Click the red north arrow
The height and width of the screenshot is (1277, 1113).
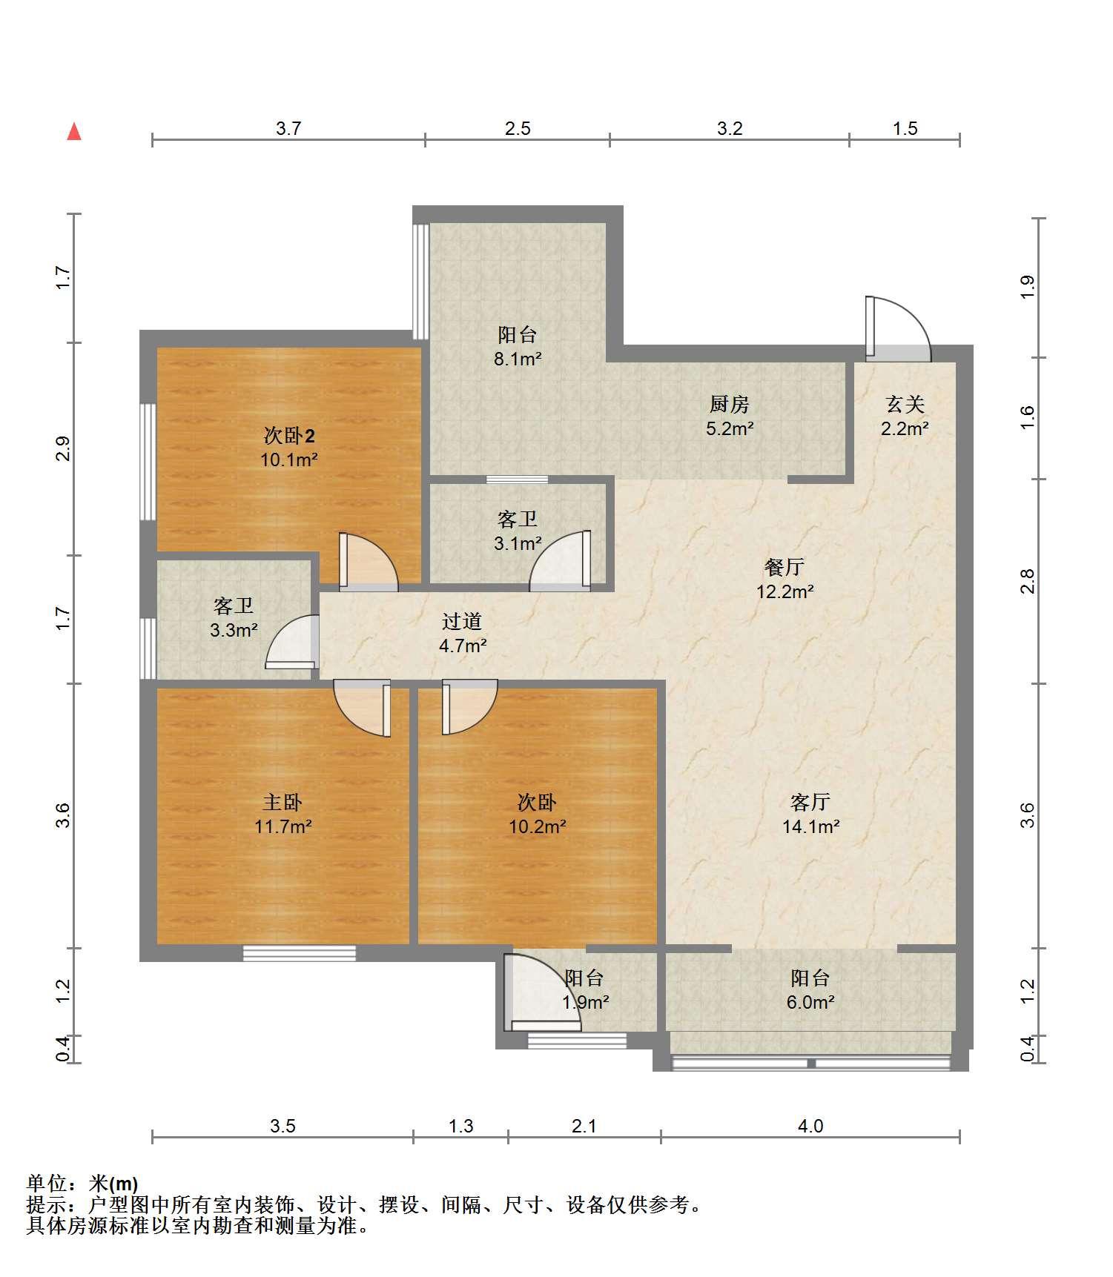pyautogui.click(x=74, y=131)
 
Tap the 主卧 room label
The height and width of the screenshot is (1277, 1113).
pyautogui.click(x=283, y=802)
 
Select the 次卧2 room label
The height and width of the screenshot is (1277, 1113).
pyautogui.click(x=289, y=435)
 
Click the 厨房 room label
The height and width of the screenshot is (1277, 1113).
pyautogui.click(x=730, y=404)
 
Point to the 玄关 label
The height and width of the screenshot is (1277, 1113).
pyautogui.click(x=905, y=404)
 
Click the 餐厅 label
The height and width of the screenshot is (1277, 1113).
pyautogui.click(x=785, y=567)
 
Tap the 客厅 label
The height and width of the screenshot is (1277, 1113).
pyautogui.click(x=810, y=802)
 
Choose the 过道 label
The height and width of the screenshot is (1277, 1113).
pyautogui.click(x=462, y=621)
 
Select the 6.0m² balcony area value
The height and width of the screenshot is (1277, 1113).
pyautogui.click(x=811, y=1003)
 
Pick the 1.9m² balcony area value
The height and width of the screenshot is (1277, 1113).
pyautogui.click(x=585, y=1003)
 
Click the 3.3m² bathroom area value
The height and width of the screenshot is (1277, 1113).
pyautogui.click(x=234, y=631)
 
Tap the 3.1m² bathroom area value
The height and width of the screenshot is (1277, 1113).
pyautogui.click(x=518, y=544)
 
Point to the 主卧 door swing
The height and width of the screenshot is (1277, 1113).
pyautogui.click(x=363, y=709)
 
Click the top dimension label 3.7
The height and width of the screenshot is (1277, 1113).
pyautogui.click(x=288, y=128)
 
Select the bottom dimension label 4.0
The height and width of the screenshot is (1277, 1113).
pyautogui.click(x=810, y=1127)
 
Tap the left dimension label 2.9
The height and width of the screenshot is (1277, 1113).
pyautogui.click(x=63, y=449)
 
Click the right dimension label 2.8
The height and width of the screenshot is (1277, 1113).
pyautogui.click(x=1027, y=581)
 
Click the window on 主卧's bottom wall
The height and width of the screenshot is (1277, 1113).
pyautogui.click(x=300, y=953)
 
